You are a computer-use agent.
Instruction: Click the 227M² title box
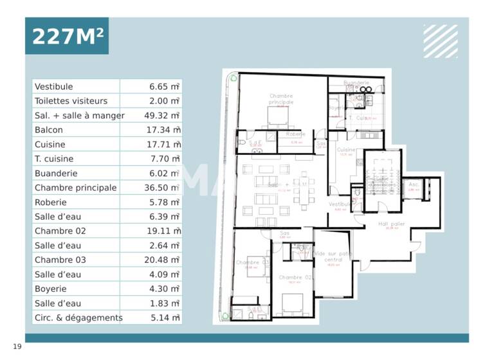67,36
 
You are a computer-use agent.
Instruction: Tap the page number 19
17,347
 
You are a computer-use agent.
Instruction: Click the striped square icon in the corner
441,41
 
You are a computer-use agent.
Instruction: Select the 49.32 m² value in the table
163,116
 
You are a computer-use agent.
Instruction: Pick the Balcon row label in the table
50,130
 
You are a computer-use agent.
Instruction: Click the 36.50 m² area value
163,188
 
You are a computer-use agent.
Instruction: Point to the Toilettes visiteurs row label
71,101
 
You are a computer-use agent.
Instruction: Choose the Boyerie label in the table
51,289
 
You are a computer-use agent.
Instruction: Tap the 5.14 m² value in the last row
163,318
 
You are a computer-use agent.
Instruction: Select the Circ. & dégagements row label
78,318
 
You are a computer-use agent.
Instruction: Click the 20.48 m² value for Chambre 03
163,260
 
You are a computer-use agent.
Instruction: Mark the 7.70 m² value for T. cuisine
163,159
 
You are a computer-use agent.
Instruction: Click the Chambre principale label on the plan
281,99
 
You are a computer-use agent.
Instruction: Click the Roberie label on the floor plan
295,134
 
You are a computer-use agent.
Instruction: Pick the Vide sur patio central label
333,257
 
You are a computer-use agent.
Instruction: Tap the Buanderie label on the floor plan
356,83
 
